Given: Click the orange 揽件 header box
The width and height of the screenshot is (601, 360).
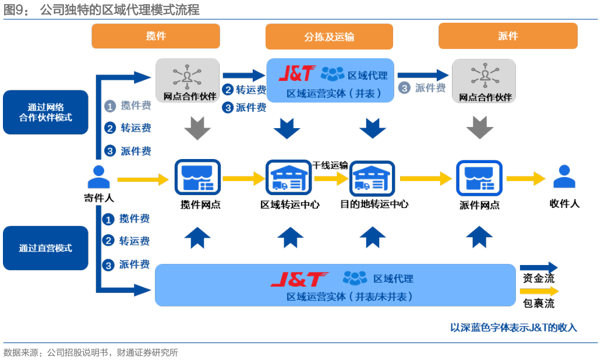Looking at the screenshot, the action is click(x=155, y=36).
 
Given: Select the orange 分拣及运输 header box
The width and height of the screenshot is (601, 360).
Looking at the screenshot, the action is click(x=329, y=37).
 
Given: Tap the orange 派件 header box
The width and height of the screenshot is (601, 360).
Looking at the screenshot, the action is click(x=508, y=36).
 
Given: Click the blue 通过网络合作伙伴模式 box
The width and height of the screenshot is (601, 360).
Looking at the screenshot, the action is click(x=45, y=112).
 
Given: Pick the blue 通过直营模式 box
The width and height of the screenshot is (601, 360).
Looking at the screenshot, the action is click(x=45, y=248).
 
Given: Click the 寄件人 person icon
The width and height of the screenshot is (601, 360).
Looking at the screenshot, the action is click(x=99, y=177).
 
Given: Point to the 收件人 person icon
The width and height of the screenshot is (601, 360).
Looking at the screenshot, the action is click(x=564, y=177).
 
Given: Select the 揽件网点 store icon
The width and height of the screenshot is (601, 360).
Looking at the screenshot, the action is click(x=197, y=177).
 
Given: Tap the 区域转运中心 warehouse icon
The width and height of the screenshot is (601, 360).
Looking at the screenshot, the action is click(x=289, y=178).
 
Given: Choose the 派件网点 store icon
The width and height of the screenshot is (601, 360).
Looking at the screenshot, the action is click(x=479, y=178).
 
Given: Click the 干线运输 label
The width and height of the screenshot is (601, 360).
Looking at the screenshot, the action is click(x=330, y=165).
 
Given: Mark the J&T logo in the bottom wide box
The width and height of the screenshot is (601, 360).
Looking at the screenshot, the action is click(x=299, y=279).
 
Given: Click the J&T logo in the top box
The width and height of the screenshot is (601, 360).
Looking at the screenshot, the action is click(x=297, y=73).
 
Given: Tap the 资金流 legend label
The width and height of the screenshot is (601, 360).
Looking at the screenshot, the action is click(x=539, y=278).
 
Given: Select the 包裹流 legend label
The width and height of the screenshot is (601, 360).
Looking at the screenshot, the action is click(x=539, y=303).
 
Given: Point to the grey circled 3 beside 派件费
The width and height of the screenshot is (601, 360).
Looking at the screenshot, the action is click(x=404, y=88).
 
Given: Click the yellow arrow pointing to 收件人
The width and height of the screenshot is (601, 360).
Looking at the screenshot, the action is click(x=526, y=178).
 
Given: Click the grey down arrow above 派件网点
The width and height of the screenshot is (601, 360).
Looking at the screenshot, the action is click(x=479, y=128).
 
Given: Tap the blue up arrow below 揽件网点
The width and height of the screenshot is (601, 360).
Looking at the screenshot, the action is click(x=197, y=238).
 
